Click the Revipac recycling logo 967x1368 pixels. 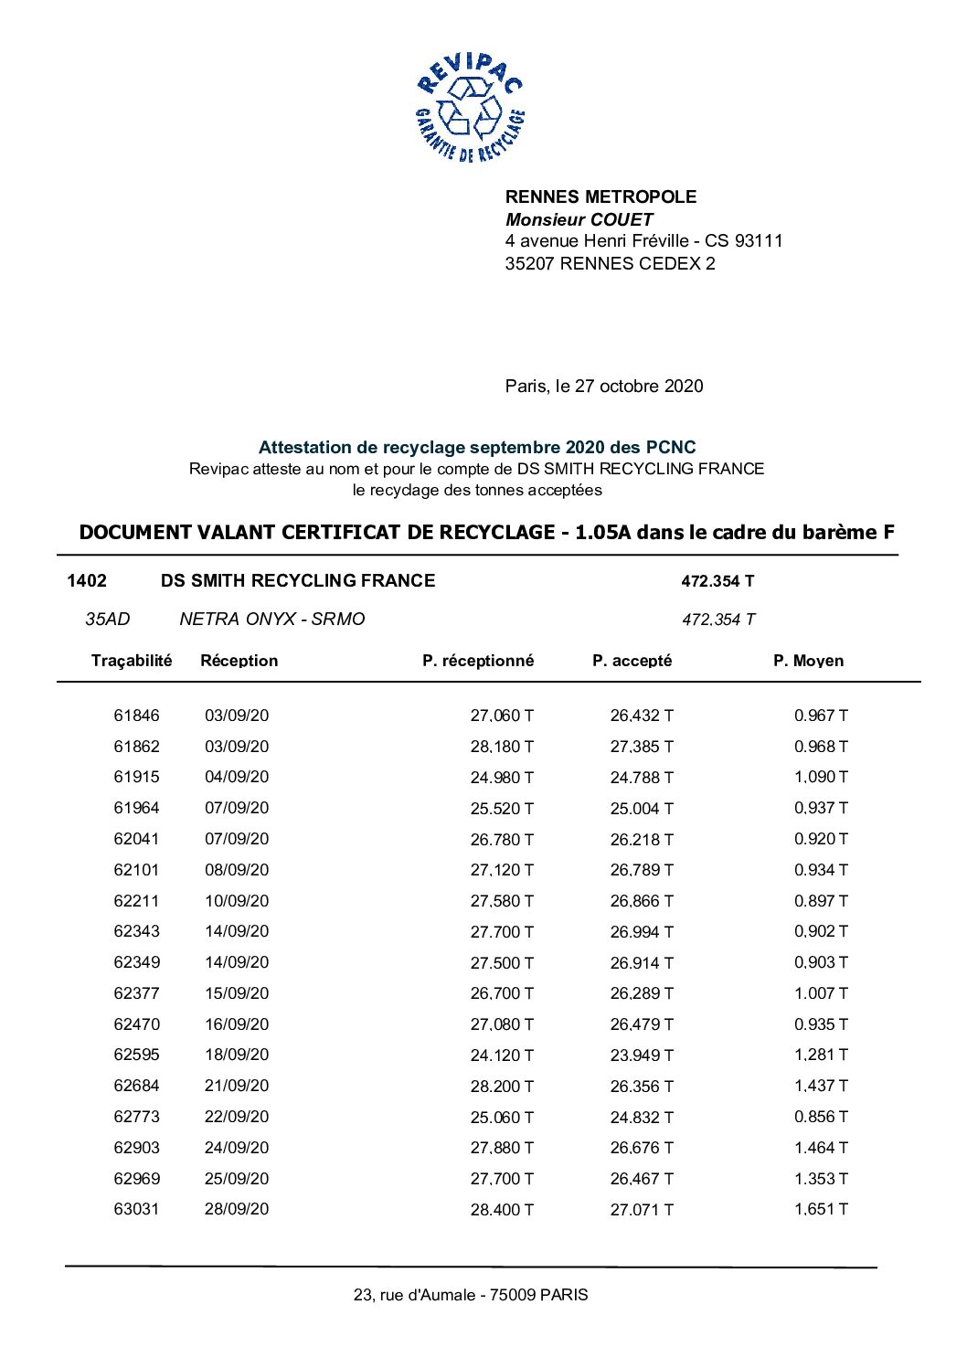coord(470,108)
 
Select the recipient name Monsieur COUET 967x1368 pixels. coord(579,219)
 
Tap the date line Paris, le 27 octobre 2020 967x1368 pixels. coord(604,386)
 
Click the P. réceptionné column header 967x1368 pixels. coord(478,661)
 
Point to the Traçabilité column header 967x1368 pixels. coord(132,661)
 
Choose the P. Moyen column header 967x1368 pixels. coord(808,661)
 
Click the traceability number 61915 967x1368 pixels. coord(136,777)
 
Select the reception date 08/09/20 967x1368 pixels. coord(237,870)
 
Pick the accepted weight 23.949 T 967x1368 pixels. coord(642,1055)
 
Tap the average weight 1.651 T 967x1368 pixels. coord(821,1209)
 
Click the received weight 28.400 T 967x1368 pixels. coord(502,1210)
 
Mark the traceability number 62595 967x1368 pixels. coord(136,1055)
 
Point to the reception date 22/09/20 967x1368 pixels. coord(237,1117)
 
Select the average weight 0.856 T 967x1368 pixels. coord(821,1117)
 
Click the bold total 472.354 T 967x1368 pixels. coord(717,581)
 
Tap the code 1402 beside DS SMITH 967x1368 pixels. coord(87,580)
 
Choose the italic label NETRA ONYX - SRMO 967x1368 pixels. coord(272,619)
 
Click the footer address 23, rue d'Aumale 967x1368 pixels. coord(471,1295)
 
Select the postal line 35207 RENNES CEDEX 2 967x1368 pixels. coord(610,263)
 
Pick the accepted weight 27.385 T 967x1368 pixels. coord(642,747)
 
